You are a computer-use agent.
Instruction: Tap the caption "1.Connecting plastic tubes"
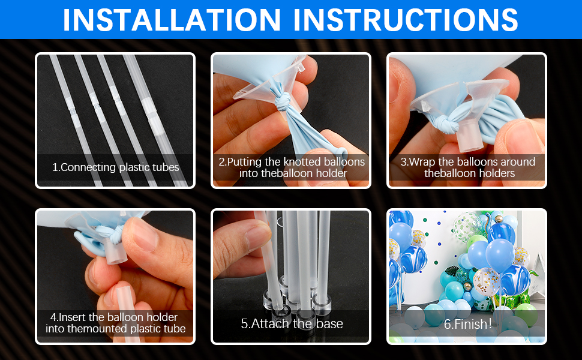click(x=115, y=167)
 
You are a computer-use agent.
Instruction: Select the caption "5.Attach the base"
click(x=292, y=324)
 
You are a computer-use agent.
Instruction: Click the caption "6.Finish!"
click(x=467, y=324)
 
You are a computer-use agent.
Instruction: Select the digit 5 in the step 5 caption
click(x=245, y=324)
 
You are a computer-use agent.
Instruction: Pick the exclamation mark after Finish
click(x=490, y=324)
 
